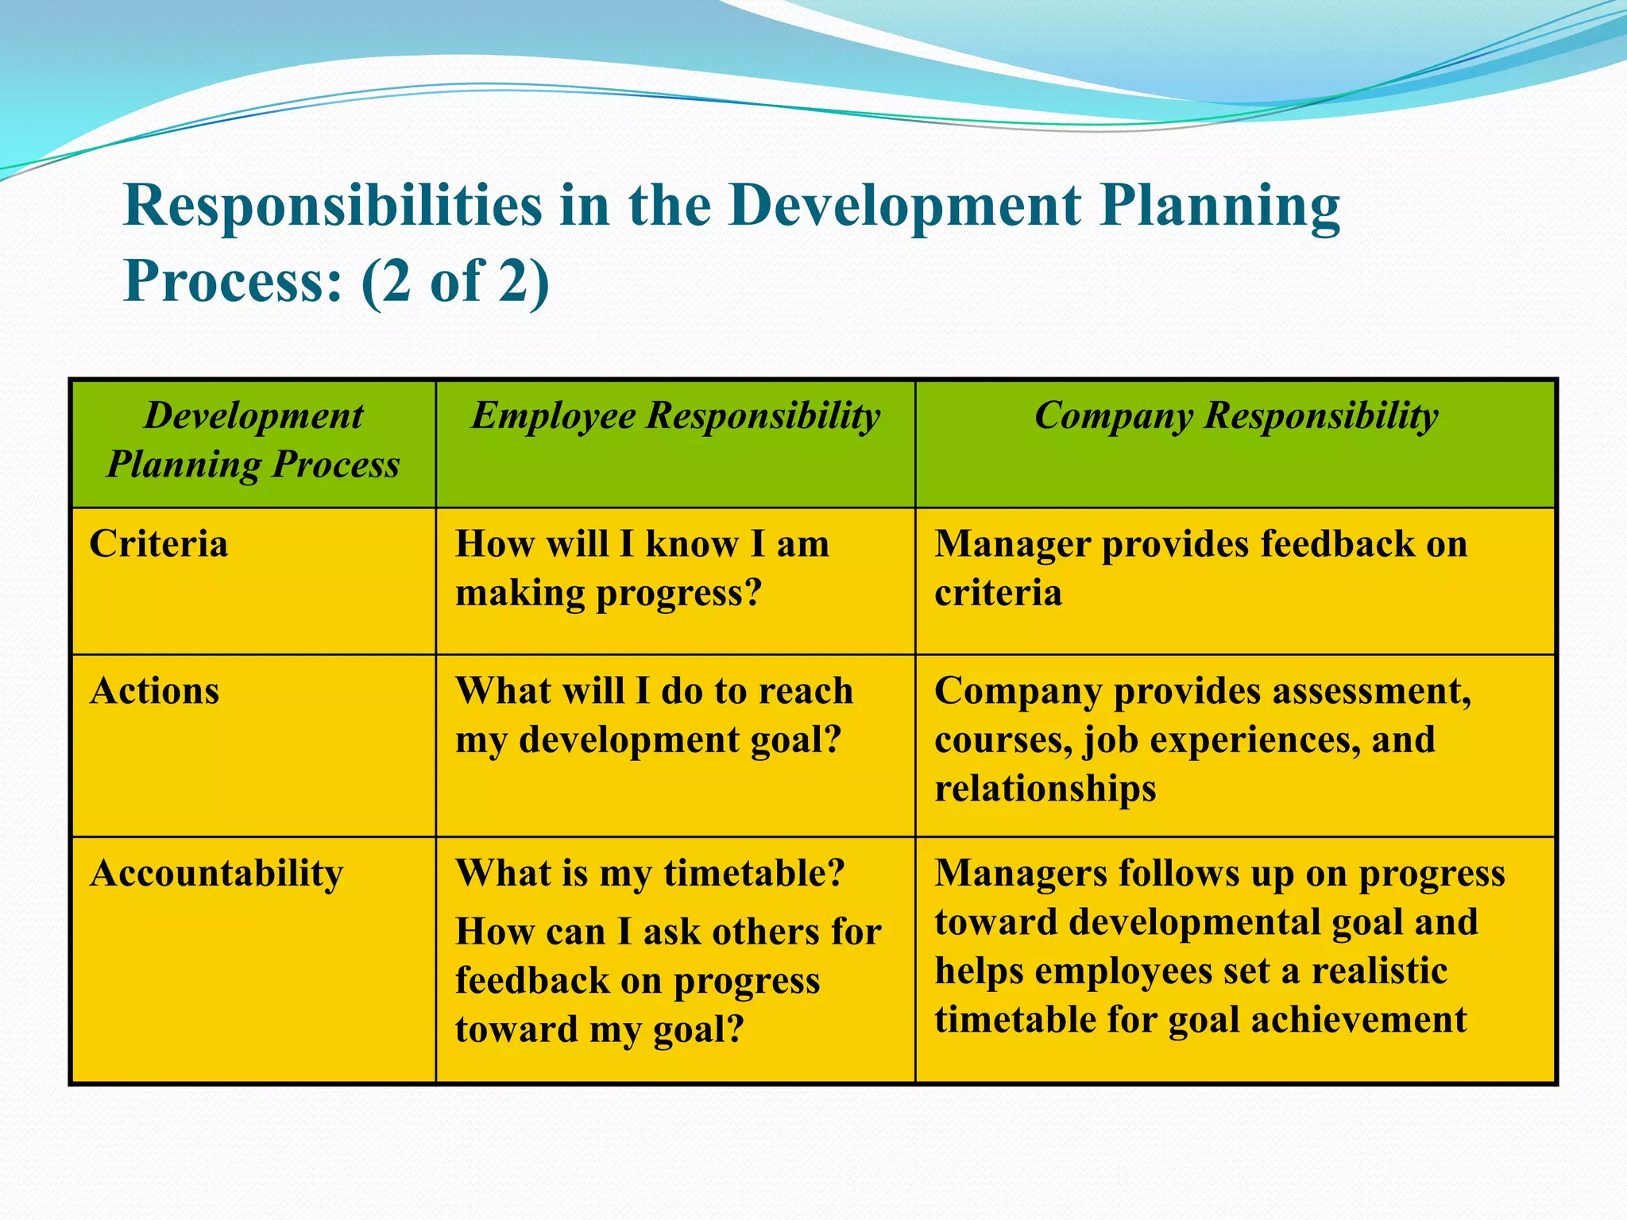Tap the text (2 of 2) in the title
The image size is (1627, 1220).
tap(454, 282)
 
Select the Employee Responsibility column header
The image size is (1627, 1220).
tap(675, 416)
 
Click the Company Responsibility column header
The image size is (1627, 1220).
tap(1235, 416)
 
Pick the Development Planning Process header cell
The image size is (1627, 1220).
tap(253, 440)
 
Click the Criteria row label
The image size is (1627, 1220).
tap(159, 545)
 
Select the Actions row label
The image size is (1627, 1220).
tap(155, 691)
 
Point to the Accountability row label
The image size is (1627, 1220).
tap(216, 874)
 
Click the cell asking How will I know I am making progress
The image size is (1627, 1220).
tap(642, 569)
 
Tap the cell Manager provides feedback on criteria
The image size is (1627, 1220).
tap(1200, 569)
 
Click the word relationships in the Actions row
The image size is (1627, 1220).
tap(1045, 790)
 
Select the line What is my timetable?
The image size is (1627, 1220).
tap(649, 874)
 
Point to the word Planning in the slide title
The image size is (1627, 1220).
tap(1219, 207)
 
